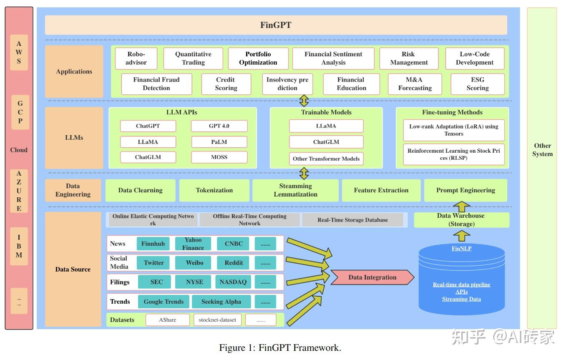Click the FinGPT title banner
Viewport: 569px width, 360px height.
pyautogui.click(x=276, y=25)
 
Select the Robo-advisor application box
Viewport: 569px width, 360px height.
pyautogui.click(x=136, y=58)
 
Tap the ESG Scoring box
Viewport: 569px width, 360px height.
pyautogui.click(x=477, y=84)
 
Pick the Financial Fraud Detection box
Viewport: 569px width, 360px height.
pyautogui.click(x=156, y=84)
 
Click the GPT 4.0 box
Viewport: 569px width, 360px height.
pyautogui.click(x=219, y=126)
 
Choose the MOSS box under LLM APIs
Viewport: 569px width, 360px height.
pyautogui.click(x=219, y=157)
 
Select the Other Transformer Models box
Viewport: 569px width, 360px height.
pyautogui.click(x=326, y=159)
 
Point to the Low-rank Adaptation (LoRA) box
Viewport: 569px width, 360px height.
pyautogui.click(x=453, y=130)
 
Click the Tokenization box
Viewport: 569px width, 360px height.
pyautogui.click(x=214, y=190)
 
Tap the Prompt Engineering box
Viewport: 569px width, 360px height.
pyautogui.click(x=466, y=190)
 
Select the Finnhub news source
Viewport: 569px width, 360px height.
pyautogui.click(x=153, y=244)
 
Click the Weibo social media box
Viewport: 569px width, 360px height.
pyautogui.click(x=195, y=263)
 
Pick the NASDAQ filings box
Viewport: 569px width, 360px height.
pyautogui.click(x=233, y=282)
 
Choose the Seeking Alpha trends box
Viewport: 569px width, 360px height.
pyautogui.click(x=221, y=302)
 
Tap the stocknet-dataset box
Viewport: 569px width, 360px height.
pyautogui.click(x=217, y=320)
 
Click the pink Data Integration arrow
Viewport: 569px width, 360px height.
pyautogui.click(x=372, y=277)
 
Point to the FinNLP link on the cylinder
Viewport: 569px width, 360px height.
pyautogui.click(x=461, y=249)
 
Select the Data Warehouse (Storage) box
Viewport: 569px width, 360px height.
pyautogui.click(x=461, y=220)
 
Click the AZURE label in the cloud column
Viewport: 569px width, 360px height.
pyautogui.click(x=19, y=191)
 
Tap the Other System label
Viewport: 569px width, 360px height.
pyautogui.click(x=542, y=150)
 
